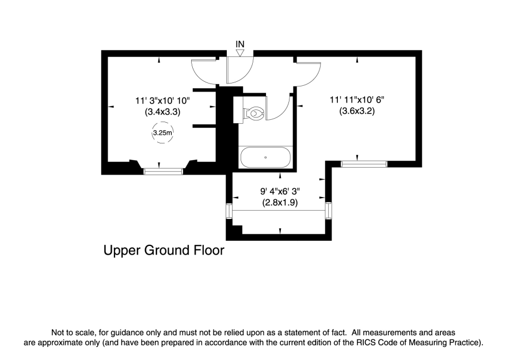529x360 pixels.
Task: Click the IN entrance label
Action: tap(240, 44)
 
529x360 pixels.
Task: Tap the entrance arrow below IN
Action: tap(240, 54)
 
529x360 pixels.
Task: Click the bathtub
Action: tap(265, 157)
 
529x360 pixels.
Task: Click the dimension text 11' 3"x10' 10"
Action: tap(163, 101)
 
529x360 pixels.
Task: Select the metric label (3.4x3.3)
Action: tap(163, 112)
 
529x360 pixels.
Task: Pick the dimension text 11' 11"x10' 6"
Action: tap(357, 100)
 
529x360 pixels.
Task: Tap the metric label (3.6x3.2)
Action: tap(357, 111)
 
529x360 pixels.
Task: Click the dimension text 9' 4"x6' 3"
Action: tap(280, 191)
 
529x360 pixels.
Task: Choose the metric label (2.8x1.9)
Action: tap(280, 202)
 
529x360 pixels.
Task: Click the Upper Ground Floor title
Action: tap(163, 251)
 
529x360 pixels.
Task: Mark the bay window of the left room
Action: tap(163, 170)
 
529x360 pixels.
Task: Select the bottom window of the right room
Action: tap(364, 164)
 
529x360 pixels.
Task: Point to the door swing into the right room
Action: tap(308, 73)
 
